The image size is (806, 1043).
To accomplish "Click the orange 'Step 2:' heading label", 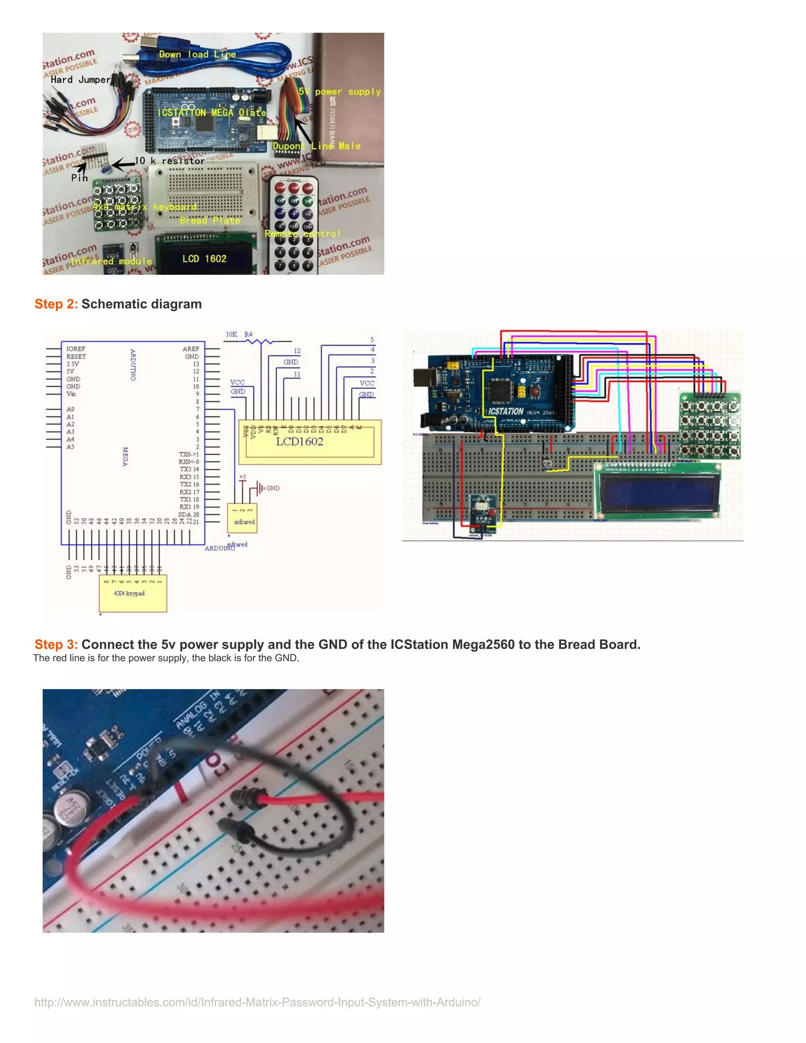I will click(56, 304).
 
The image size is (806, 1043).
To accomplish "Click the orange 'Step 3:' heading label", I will click(56, 645).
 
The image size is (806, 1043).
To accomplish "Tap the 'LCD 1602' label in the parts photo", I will click(204, 259).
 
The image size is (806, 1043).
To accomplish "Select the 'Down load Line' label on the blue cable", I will click(197, 54).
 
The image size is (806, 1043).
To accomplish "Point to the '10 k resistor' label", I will click(170, 161).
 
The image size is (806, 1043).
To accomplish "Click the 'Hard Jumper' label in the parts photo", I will click(80, 80).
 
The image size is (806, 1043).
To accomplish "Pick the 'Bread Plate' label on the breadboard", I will click(210, 220).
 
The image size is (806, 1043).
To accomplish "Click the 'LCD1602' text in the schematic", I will click(299, 442).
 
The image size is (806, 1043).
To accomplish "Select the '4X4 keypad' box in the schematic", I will click(133, 594).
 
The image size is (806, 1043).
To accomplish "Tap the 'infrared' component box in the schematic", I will click(242, 518).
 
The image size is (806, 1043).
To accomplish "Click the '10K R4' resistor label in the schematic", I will click(239, 334).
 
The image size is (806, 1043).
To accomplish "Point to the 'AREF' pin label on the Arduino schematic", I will click(190, 349).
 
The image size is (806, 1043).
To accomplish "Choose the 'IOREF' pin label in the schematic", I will click(76, 349).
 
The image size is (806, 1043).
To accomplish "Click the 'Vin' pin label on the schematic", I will click(71, 394).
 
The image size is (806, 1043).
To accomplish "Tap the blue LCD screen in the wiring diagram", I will click(658, 492).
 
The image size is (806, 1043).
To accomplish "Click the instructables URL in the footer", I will click(257, 1002).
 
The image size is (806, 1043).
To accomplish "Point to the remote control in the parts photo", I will click(294, 224).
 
